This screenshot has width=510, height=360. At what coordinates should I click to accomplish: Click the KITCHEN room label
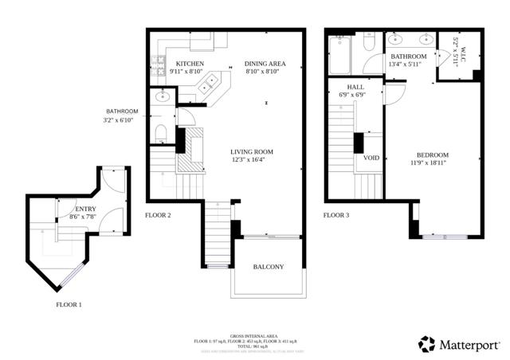point(190,64)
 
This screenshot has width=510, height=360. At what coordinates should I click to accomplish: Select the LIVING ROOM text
point(252,151)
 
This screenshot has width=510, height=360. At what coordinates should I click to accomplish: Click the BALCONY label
point(268,267)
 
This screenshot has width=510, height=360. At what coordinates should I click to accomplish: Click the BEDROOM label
point(433,155)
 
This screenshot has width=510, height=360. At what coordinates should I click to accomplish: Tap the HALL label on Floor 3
point(356,86)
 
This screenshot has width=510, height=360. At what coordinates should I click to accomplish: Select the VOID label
point(371,158)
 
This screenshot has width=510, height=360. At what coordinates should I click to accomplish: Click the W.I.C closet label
point(455,48)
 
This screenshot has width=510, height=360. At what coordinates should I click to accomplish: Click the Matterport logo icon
point(428,343)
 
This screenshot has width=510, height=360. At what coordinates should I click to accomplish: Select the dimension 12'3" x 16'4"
point(252,160)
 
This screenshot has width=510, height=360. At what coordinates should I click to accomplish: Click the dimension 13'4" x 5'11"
point(408,65)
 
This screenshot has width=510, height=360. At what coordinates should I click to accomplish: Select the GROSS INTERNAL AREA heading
point(254,335)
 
